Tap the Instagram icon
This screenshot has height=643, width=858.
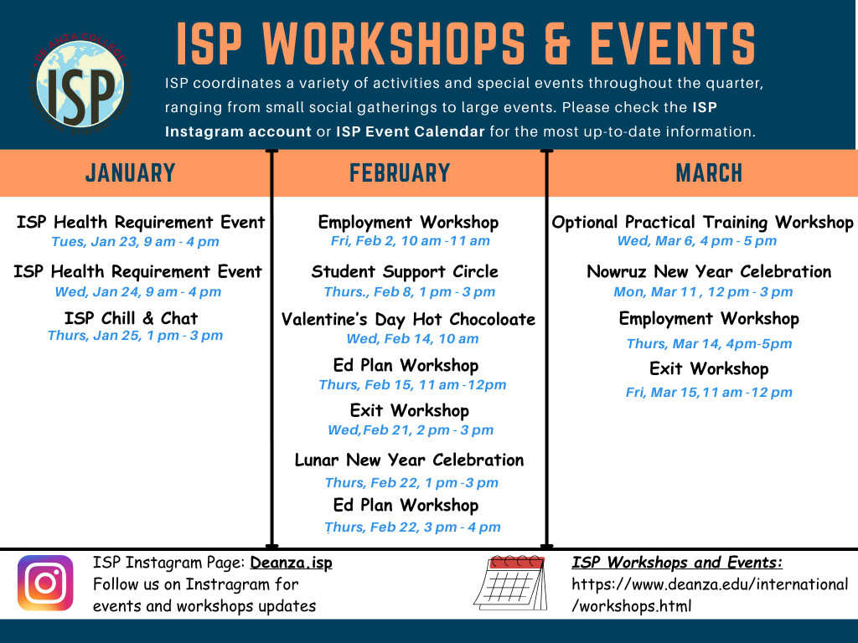coord(45,583)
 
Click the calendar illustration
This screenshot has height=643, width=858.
coord(510,583)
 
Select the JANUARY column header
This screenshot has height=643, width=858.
coord(130,172)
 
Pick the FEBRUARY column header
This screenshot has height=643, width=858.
coord(400,172)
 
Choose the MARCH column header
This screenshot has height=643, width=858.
coord(709,172)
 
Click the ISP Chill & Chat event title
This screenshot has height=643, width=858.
coord(132,318)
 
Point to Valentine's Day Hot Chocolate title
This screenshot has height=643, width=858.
coord(408,319)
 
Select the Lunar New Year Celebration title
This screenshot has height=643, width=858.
coord(409,460)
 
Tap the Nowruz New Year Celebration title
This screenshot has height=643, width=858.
coord(709,272)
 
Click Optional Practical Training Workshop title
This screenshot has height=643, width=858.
coord(703,223)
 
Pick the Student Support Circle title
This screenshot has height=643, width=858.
coord(405,272)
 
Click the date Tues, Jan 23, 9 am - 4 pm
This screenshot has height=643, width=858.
coord(135,242)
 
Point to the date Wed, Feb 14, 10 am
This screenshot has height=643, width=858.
coord(412,339)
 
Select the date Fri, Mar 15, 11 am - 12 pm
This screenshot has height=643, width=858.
coord(709,393)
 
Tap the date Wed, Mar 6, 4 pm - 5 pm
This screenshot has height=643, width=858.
coord(697,241)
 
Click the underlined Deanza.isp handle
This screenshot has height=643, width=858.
coord(291,563)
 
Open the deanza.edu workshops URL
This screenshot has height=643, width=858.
coord(710,595)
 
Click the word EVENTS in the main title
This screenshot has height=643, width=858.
coord(673,44)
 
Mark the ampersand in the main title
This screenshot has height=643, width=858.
coord(557,44)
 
